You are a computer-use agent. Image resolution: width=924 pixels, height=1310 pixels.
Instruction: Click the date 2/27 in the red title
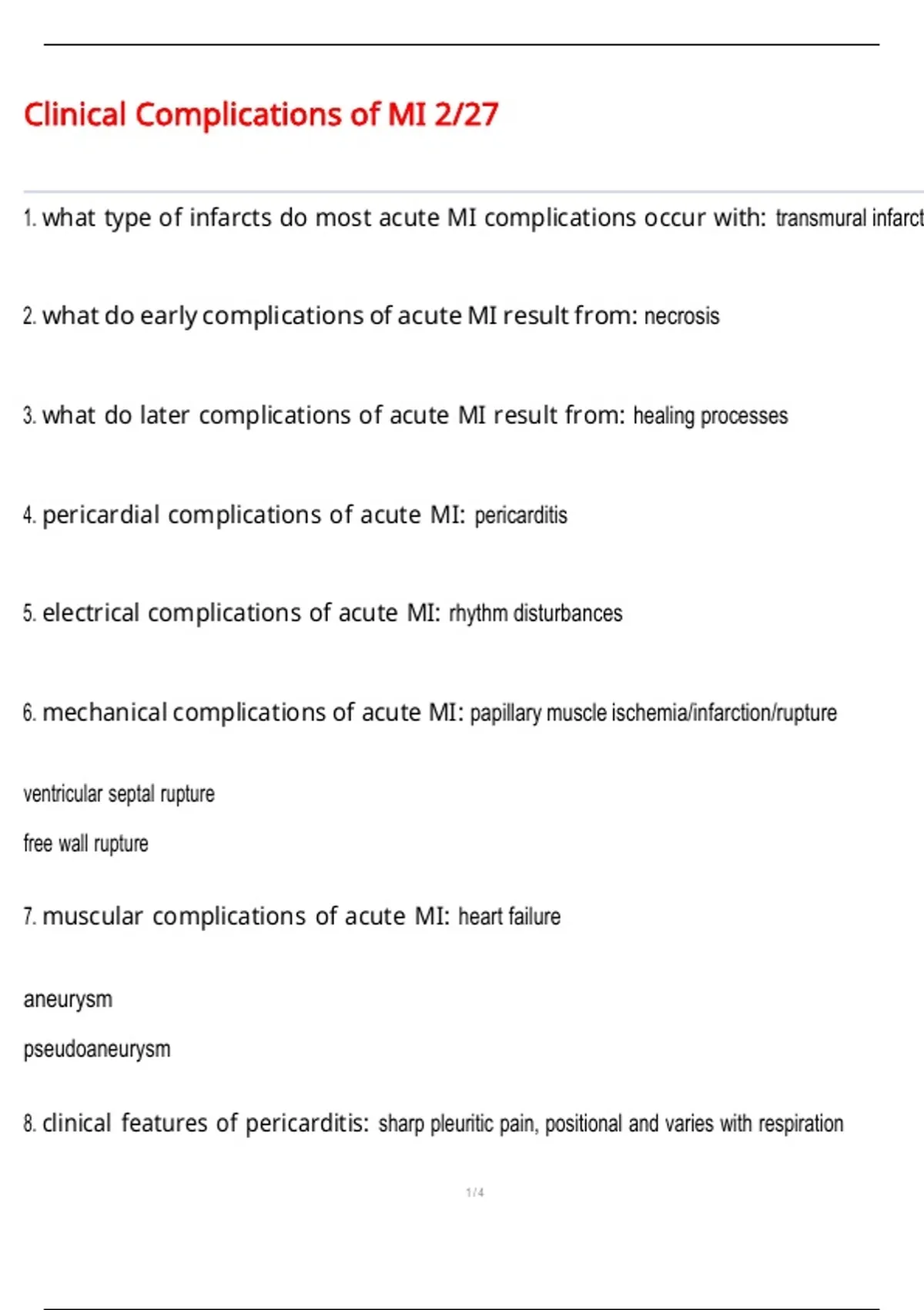pos(466,115)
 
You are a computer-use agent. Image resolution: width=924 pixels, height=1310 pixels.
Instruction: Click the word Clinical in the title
pos(75,115)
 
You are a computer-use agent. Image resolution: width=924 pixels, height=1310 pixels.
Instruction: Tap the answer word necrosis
pos(681,316)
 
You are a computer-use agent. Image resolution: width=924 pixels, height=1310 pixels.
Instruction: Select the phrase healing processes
pos(710,416)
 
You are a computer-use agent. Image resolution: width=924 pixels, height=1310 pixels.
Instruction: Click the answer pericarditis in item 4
pos(521,515)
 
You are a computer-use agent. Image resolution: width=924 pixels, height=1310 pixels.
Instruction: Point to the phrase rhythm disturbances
pos(535,613)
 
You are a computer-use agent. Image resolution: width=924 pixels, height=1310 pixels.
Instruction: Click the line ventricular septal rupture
pos(119,794)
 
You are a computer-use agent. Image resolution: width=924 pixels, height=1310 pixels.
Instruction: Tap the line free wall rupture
pos(85,844)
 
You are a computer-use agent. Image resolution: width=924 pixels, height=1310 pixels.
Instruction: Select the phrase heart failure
pos(509,916)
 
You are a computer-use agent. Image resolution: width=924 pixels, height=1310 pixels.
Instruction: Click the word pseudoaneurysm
pos(97,1049)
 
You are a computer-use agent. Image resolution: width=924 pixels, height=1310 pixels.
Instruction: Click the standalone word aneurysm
pos(68,999)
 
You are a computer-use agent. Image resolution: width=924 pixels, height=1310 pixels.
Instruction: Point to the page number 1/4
pos(475,1193)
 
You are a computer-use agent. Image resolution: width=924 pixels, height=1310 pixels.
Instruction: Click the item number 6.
pos(29,713)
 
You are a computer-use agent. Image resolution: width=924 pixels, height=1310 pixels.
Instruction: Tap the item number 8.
pos(29,1124)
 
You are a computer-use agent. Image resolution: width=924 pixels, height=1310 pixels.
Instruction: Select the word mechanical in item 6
pos(105,713)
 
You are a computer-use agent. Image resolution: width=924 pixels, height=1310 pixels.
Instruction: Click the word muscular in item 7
pos(92,916)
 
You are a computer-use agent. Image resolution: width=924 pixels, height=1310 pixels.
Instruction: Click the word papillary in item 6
pos(505,714)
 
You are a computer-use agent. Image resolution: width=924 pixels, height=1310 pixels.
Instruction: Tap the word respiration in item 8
pos(801,1124)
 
